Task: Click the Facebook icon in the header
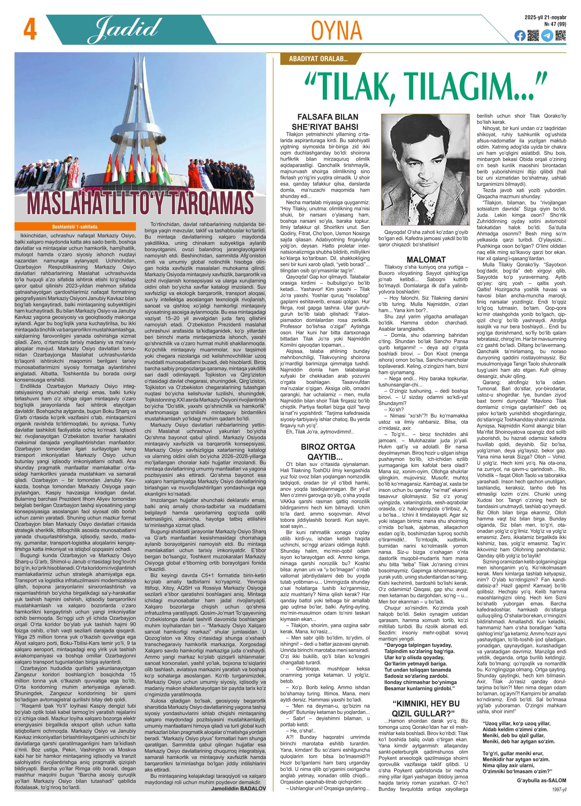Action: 520,36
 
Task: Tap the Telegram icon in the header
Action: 547,36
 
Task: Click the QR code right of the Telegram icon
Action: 561,35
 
